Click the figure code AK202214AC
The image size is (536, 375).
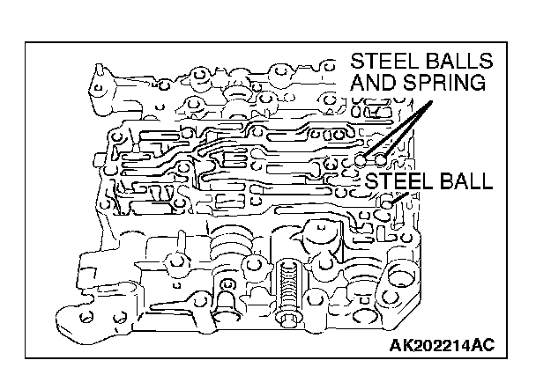click(x=442, y=344)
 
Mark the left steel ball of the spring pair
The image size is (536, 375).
click(x=361, y=160)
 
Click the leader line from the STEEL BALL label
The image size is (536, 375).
click(x=396, y=197)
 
